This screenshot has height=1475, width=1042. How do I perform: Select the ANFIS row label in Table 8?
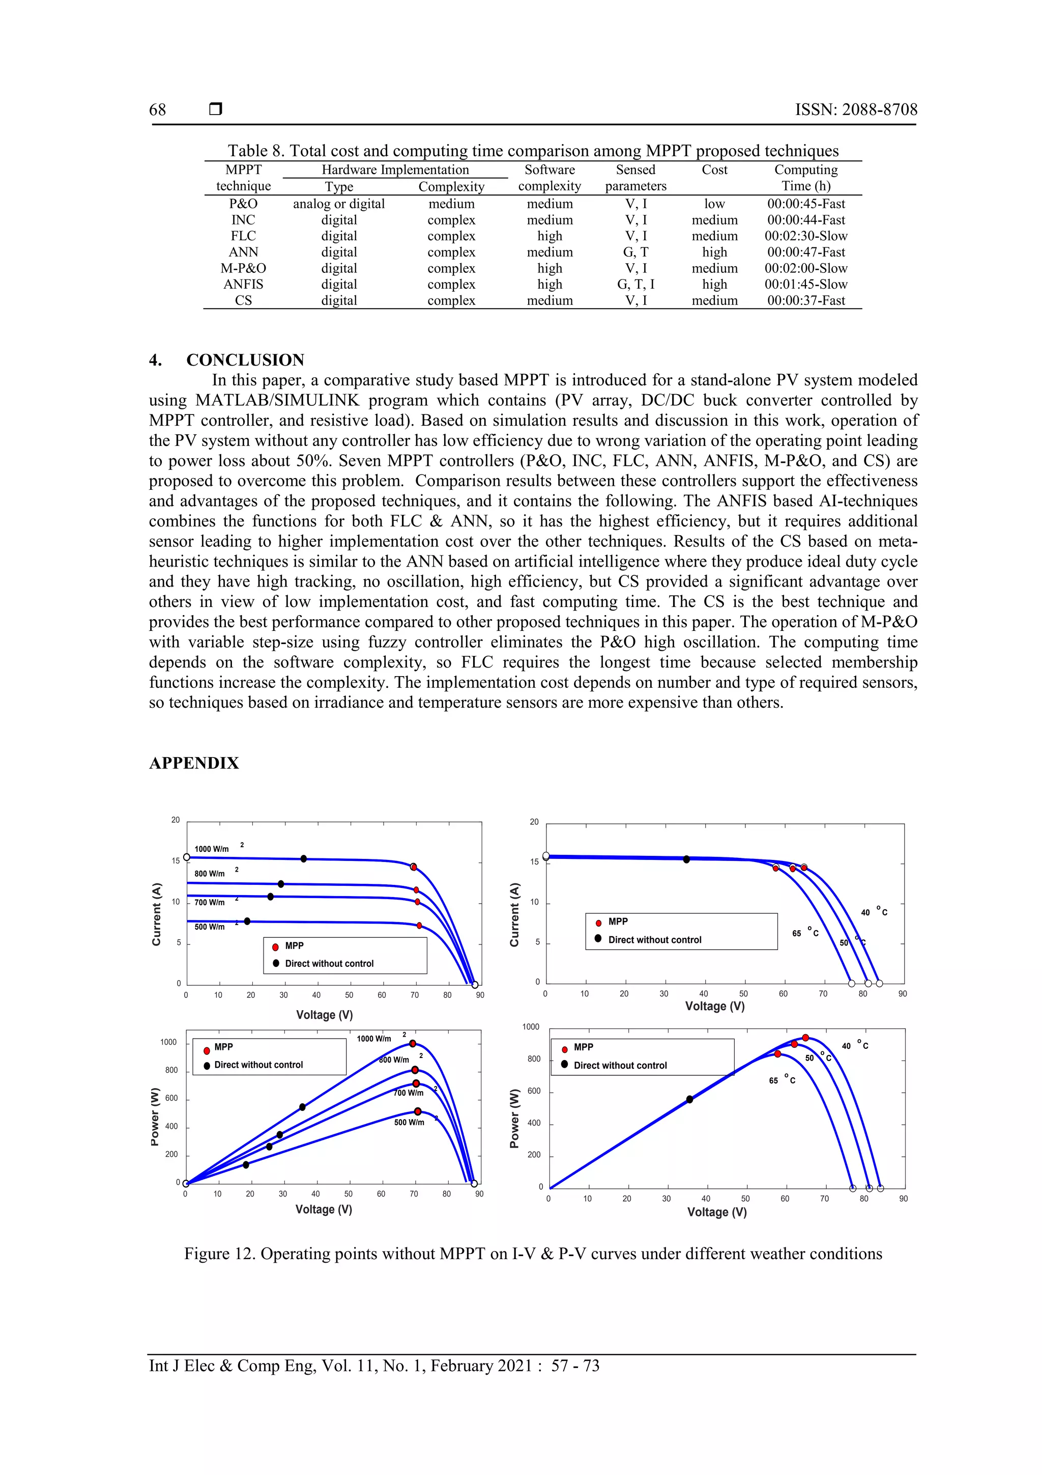pos(243,284)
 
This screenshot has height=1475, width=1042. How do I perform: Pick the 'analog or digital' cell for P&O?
pos(339,204)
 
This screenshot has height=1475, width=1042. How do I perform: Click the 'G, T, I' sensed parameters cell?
pos(635,284)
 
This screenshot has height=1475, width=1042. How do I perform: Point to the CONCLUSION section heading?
pos(245,360)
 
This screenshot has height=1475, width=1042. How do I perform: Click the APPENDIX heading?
pos(194,763)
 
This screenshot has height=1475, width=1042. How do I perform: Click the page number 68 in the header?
pos(157,110)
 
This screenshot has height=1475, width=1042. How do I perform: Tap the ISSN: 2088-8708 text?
pos(856,110)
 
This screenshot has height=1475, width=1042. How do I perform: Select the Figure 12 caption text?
pos(533,1254)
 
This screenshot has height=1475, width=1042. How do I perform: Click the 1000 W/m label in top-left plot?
pos(212,849)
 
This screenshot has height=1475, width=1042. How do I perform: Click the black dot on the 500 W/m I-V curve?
pos(247,921)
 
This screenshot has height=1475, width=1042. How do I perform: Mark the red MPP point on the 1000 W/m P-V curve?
pos(413,1044)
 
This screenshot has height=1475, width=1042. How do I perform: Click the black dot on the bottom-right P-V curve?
pos(689,1099)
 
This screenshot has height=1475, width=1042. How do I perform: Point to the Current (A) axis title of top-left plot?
pos(156,914)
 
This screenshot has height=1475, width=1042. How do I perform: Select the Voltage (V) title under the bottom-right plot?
pos(716,1212)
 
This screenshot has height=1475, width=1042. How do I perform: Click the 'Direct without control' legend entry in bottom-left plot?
pos(258,1065)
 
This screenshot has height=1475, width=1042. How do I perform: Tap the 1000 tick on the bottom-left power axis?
pos(168,1042)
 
